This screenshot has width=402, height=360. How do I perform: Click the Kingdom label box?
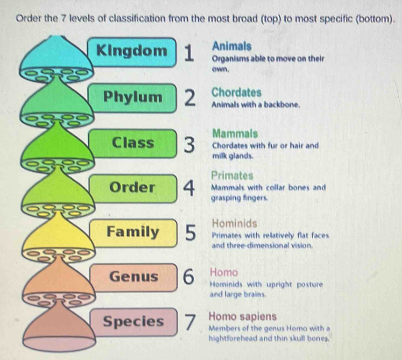pos(133,52)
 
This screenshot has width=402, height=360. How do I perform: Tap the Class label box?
pos(134,143)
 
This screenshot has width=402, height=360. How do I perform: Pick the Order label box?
pos(134,189)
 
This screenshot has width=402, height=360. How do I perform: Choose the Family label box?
pos(134,233)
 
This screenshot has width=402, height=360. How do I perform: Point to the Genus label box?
pos(134,278)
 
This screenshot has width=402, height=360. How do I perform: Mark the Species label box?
pos(134,322)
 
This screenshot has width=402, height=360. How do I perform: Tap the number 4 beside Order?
pos(189,188)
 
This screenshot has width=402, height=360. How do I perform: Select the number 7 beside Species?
pos(190,323)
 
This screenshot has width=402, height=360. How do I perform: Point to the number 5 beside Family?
pos(190,233)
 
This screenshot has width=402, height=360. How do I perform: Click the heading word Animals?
pos(232,46)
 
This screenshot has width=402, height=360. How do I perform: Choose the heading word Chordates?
pos(237,92)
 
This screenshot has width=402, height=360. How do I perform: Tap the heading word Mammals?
pos(235,134)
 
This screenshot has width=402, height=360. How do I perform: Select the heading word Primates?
pos(232,176)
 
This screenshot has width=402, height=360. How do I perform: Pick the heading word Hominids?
pos(234,223)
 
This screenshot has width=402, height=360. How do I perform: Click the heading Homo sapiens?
pos(243,317)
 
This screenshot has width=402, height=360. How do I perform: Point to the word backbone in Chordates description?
pos(282,105)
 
